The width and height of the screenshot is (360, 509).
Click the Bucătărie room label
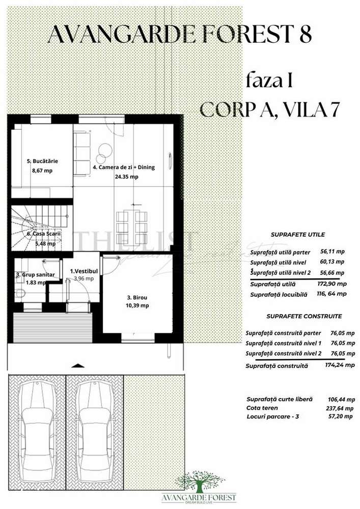tap(42, 161)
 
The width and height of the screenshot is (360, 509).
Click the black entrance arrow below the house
tap(77, 365)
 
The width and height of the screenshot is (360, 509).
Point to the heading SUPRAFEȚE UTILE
tap(298, 235)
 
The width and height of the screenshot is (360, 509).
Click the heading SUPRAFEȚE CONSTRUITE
tap(299, 316)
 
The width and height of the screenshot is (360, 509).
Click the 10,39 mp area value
tap(137, 306)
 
